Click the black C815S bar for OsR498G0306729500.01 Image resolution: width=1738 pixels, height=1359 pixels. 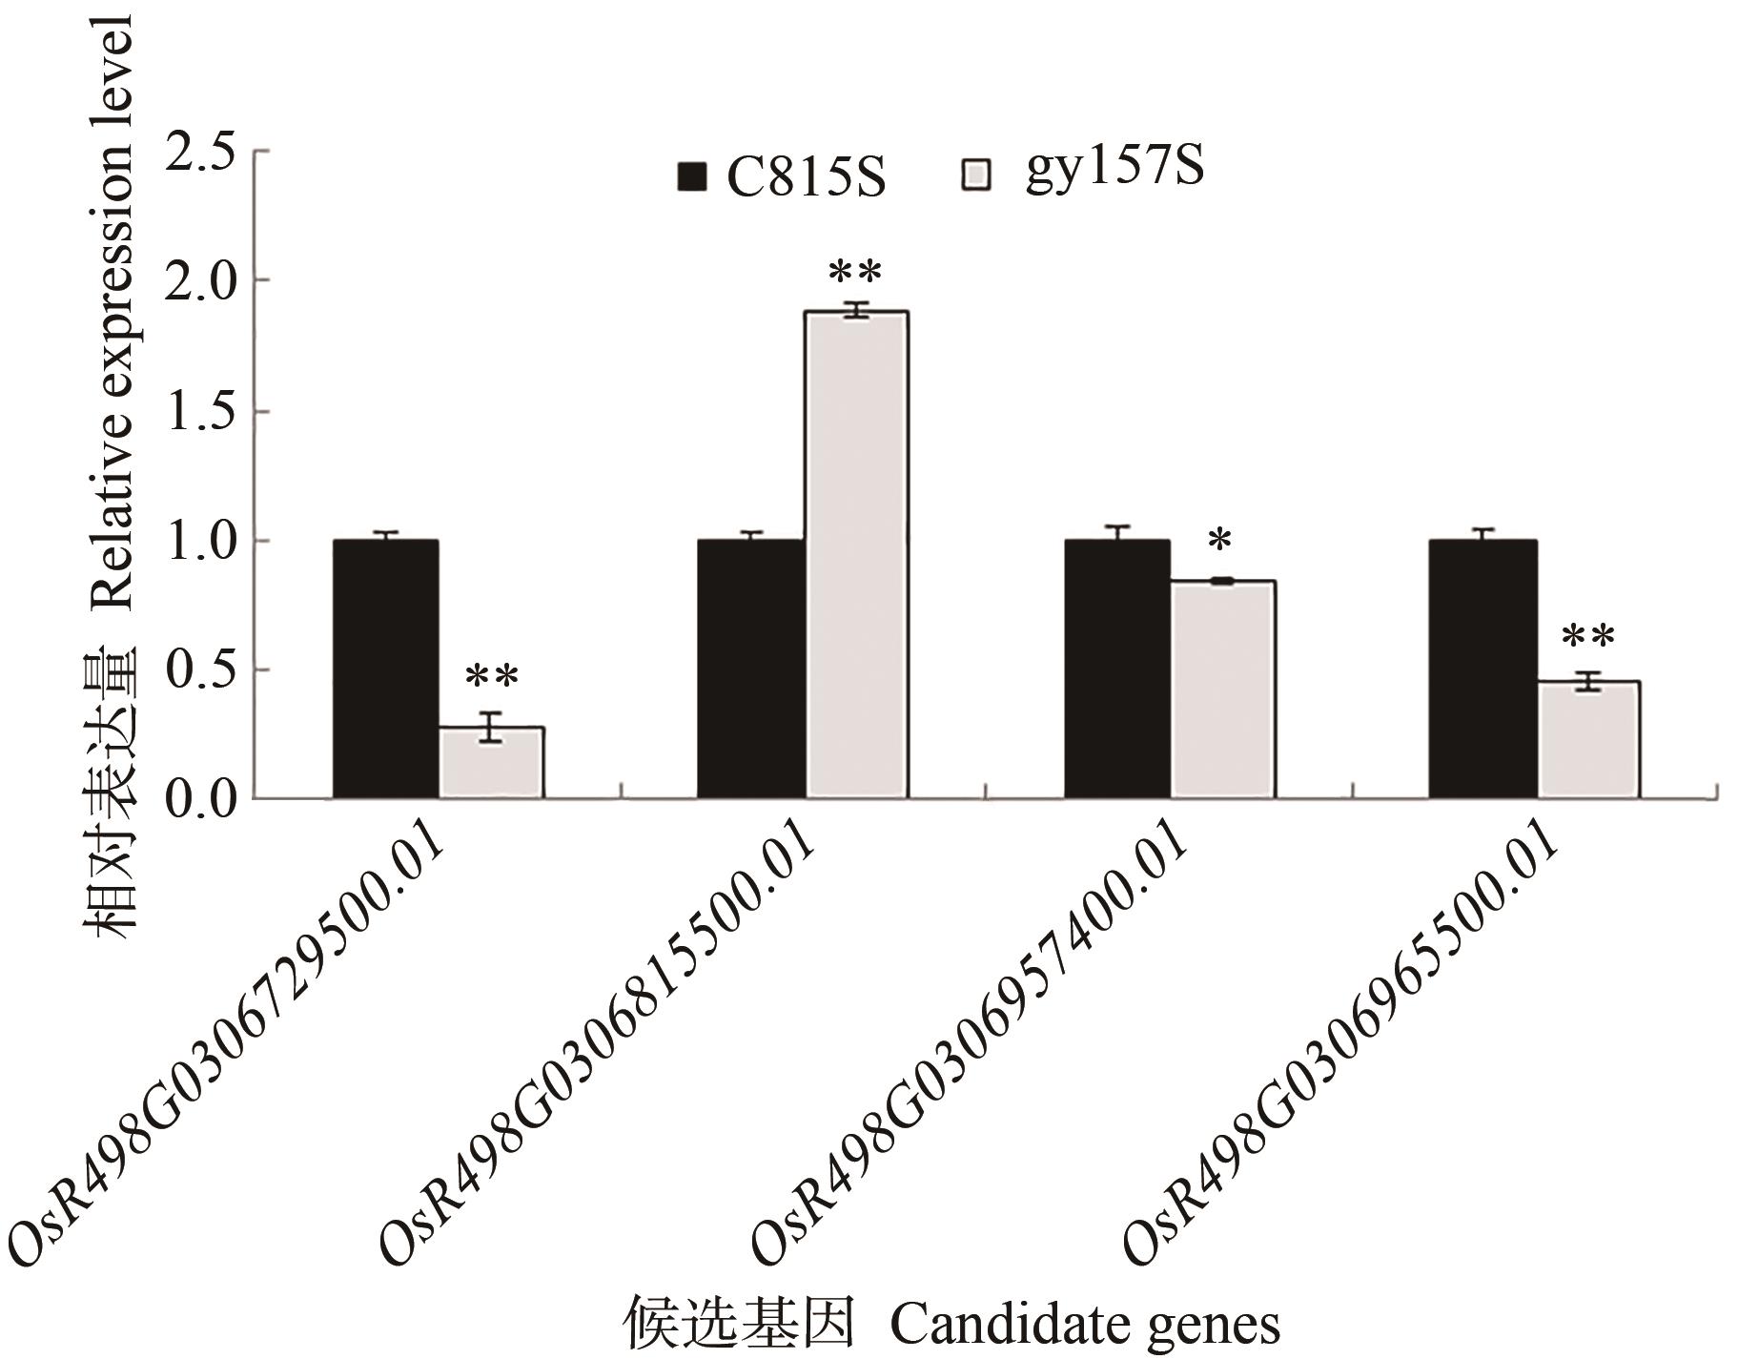point(385,668)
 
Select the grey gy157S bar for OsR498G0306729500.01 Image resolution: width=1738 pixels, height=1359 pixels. point(491,762)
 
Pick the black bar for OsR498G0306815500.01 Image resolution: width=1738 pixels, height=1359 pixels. point(750,668)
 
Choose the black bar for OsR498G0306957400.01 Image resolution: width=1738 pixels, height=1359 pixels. point(1116,668)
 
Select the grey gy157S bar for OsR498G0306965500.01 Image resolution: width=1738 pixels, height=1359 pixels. point(1587,739)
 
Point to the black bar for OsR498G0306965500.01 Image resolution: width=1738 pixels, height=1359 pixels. point(1482,668)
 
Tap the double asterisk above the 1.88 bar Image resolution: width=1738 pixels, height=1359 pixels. point(855,274)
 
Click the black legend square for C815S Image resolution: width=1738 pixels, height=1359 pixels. point(691,177)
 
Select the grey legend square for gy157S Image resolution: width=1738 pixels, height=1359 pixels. point(976,175)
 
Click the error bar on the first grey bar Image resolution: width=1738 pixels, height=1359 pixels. point(491,727)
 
